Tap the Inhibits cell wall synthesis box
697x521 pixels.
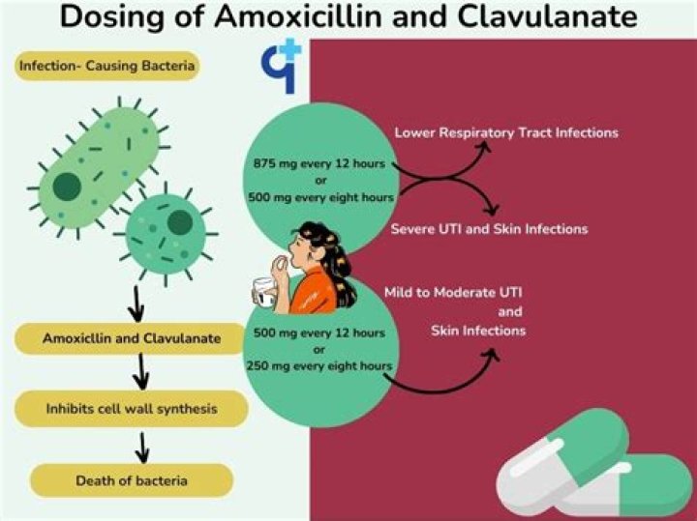[132, 408]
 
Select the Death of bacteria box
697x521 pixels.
[132, 479]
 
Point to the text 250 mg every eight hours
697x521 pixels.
[318, 365]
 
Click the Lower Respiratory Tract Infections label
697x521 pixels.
[506, 131]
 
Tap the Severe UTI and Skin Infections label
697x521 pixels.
[489, 229]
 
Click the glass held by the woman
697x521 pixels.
[263, 293]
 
